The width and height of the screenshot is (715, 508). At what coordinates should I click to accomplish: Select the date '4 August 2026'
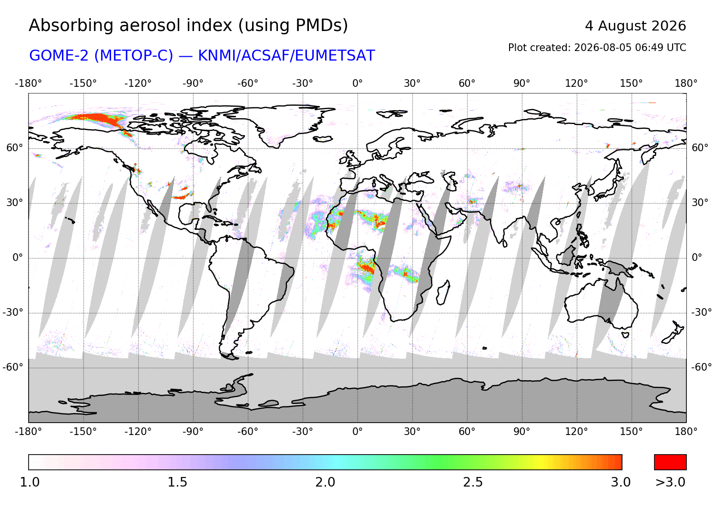[x=635, y=26]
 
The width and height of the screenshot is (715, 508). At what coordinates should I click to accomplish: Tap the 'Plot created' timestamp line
[x=597, y=48]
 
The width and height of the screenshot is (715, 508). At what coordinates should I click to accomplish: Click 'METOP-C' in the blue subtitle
[x=133, y=56]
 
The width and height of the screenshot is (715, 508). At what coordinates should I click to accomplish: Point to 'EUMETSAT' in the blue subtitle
[x=335, y=56]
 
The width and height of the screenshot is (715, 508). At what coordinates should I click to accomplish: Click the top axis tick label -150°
[x=83, y=83]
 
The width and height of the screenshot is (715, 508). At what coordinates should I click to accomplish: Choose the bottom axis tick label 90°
[x=522, y=432]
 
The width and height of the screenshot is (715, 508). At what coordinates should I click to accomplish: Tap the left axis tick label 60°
[x=15, y=148]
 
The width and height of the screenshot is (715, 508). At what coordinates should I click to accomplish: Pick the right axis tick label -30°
[x=701, y=312]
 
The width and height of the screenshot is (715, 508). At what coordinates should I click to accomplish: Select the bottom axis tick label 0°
[x=357, y=432]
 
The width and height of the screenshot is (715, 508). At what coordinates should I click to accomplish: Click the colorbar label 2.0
[x=325, y=482]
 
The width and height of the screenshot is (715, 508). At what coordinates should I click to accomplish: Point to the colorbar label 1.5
[x=177, y=482]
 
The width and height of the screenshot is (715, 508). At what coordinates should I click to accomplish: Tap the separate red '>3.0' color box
[x=670, y=462]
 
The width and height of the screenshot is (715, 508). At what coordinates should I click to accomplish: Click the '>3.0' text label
[x=670, y=482]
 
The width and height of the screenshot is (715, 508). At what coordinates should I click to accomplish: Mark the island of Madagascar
[x=443, y=292]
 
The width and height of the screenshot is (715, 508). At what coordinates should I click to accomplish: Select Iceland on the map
[x=323, y=139]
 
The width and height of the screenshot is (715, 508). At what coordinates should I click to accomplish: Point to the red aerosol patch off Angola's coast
[x=367, y=267]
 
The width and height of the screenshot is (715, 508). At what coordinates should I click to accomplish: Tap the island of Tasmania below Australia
[x=625, y=335]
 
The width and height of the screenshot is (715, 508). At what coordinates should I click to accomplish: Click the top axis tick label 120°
[x=576, y=83]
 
